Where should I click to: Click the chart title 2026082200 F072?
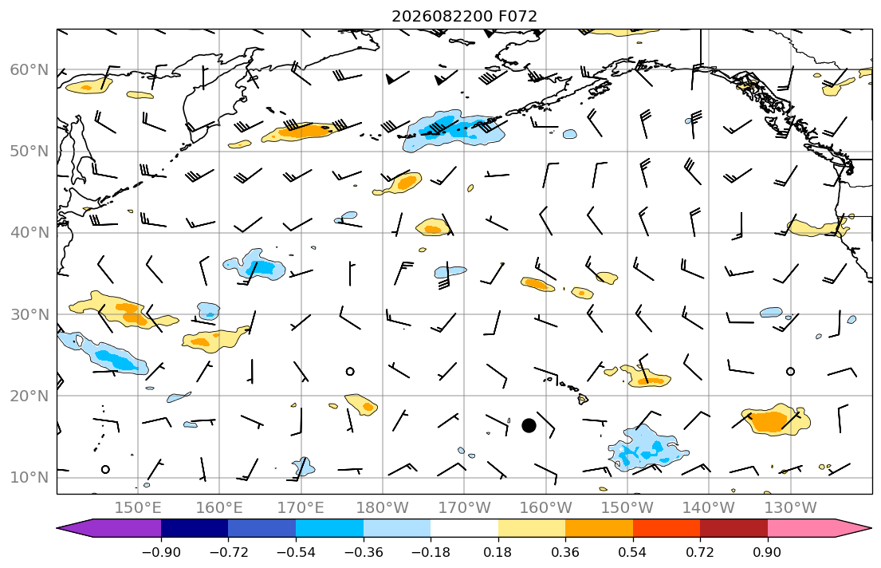pyautogui.click(x=464, y=16)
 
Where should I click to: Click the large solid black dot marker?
pyautogui.click(x=529, y=426)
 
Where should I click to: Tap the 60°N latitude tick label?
pyautogui.click(x=29, y=69)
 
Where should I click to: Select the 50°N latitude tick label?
pyautogui.click(x=29, y=152)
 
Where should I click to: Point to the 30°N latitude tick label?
pyautogui.click(x=29, y=314)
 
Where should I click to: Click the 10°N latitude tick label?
pyautogui.click(x=29, y=478)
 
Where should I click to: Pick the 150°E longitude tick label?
pyautogui.click(x=138, y=508)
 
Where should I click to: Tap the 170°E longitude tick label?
pyautogui.click(x=301, y=508)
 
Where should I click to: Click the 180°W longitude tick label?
pyautogui.click(x=383, y=508)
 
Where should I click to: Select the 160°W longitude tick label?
pyautogui.click(x=545, y=508)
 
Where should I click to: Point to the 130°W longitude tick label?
pyautogui.click(x=791, y=508)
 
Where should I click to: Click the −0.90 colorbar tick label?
pyautogui.click(x=161, y=552)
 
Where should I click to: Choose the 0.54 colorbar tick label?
pyautogui.click(x=633, y=552)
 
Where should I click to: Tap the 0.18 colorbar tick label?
pyautogui.click(x=498, y=552)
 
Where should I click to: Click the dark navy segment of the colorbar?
pyautogui.click(x=195, y=528)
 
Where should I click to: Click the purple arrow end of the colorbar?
pyautogui.click(x=112, y=528)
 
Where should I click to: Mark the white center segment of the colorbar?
pyautogui.click(x=464, y=528)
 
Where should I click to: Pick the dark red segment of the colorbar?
pyautogui.click(x=734, y=528)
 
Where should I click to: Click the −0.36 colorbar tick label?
pyautogui.click(x=363, y=552)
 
